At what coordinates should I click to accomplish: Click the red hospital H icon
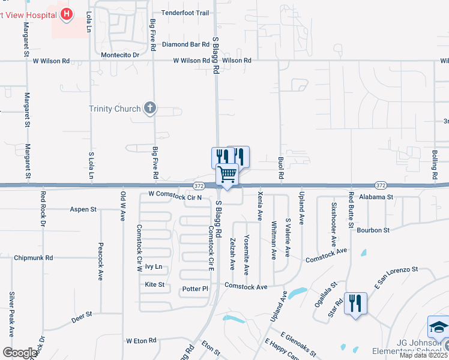[67, 13]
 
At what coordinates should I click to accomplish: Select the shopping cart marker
[228, 175]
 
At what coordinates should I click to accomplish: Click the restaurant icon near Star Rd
[355, 302]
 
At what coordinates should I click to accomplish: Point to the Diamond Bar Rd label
[181, 44]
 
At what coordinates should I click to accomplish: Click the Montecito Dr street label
[120, 55]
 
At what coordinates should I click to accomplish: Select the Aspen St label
[83, 209]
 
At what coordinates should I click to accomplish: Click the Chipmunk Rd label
[33, 257]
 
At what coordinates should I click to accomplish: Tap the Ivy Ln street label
[154, 266]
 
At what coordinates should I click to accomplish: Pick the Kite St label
[154, 284]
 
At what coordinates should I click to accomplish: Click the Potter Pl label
[195, 289]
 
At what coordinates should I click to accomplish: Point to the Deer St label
[81, 316]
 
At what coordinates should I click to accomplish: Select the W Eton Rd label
[141, 340]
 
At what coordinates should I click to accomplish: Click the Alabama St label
[376, 196]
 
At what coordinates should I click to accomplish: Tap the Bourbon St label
[373, 230]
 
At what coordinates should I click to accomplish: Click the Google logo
[20, 353]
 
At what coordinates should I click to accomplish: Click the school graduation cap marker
[438, 328]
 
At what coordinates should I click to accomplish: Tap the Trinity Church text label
[115, 109]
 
